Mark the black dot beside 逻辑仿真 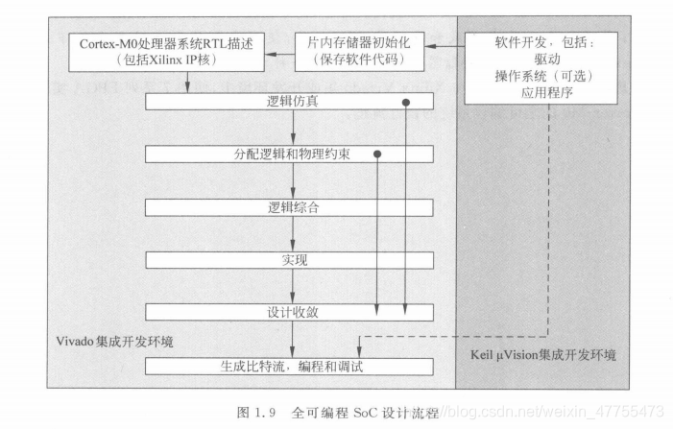click(x=406, y=101)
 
